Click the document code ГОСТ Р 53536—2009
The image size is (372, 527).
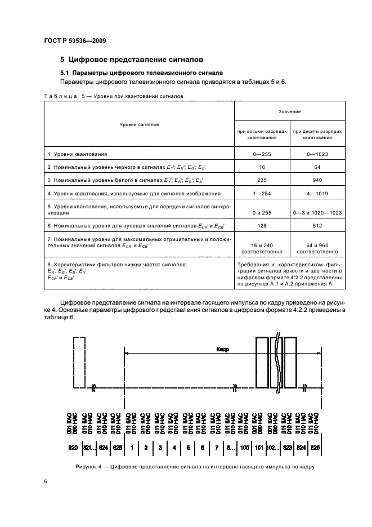[74, 40]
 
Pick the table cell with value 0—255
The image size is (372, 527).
[262, 154]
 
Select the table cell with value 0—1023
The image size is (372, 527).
[318, 154]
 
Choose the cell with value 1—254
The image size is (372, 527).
[262, 193]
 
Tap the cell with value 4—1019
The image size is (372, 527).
[318, 193]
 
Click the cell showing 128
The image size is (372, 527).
[262, 226]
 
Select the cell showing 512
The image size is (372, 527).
[318, 226]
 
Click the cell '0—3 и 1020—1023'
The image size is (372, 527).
[318, 213]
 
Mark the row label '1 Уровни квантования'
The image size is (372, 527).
[77, 154]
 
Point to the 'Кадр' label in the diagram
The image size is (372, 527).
[222, 349]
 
